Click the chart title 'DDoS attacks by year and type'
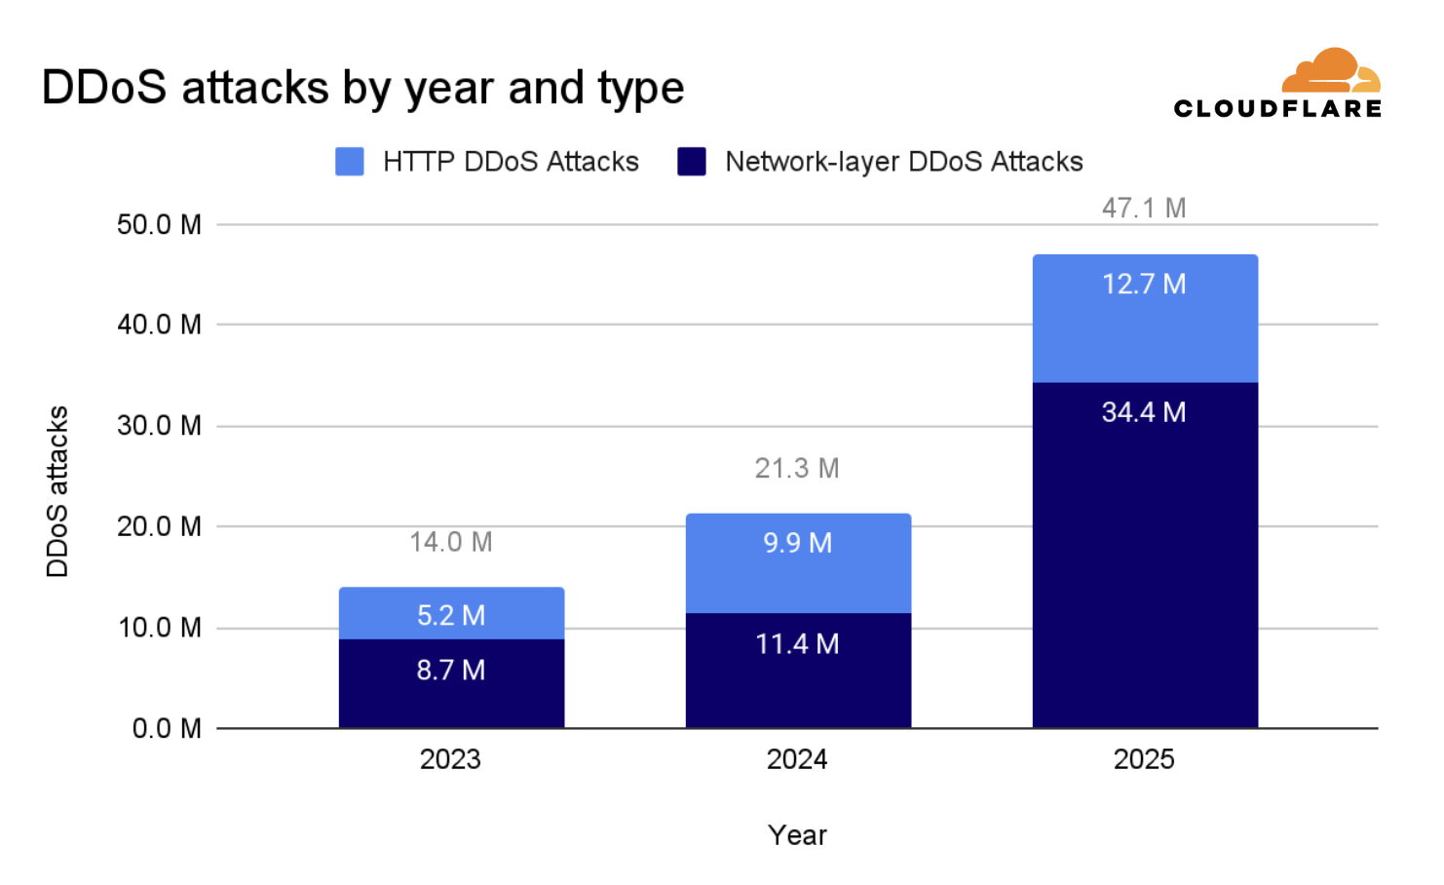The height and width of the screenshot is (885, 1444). click(x=362, y=88)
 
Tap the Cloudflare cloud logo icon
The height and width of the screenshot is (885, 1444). click(x=1330, y=70)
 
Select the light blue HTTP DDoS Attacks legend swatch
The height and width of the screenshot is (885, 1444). click(x=350, y=162)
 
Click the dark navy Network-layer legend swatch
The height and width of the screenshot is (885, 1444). click(x=692, y=162)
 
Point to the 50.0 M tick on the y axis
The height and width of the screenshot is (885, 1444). click(x=159, y=225)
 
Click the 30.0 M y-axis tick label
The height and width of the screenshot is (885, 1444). click(x=159, y=426)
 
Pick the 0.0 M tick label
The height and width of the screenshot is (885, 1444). click(x=167, y=728)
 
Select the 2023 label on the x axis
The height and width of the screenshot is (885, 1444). click(x=450, y=759)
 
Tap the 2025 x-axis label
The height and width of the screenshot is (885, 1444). click(x=1144, y=759)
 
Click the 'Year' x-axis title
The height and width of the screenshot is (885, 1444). click(x=797, y=835)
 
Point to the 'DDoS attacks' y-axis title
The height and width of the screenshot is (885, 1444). click(x=57, y=491)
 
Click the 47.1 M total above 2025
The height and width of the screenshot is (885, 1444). click(x=1144, y=208)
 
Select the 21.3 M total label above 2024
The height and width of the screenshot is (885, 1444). click(x=797, y=469)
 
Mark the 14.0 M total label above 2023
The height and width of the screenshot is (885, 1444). click(x=450, y=542)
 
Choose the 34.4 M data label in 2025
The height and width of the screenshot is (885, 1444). click(x=1144, y=412)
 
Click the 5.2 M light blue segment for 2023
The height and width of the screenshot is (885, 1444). click(x=450, y=615)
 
